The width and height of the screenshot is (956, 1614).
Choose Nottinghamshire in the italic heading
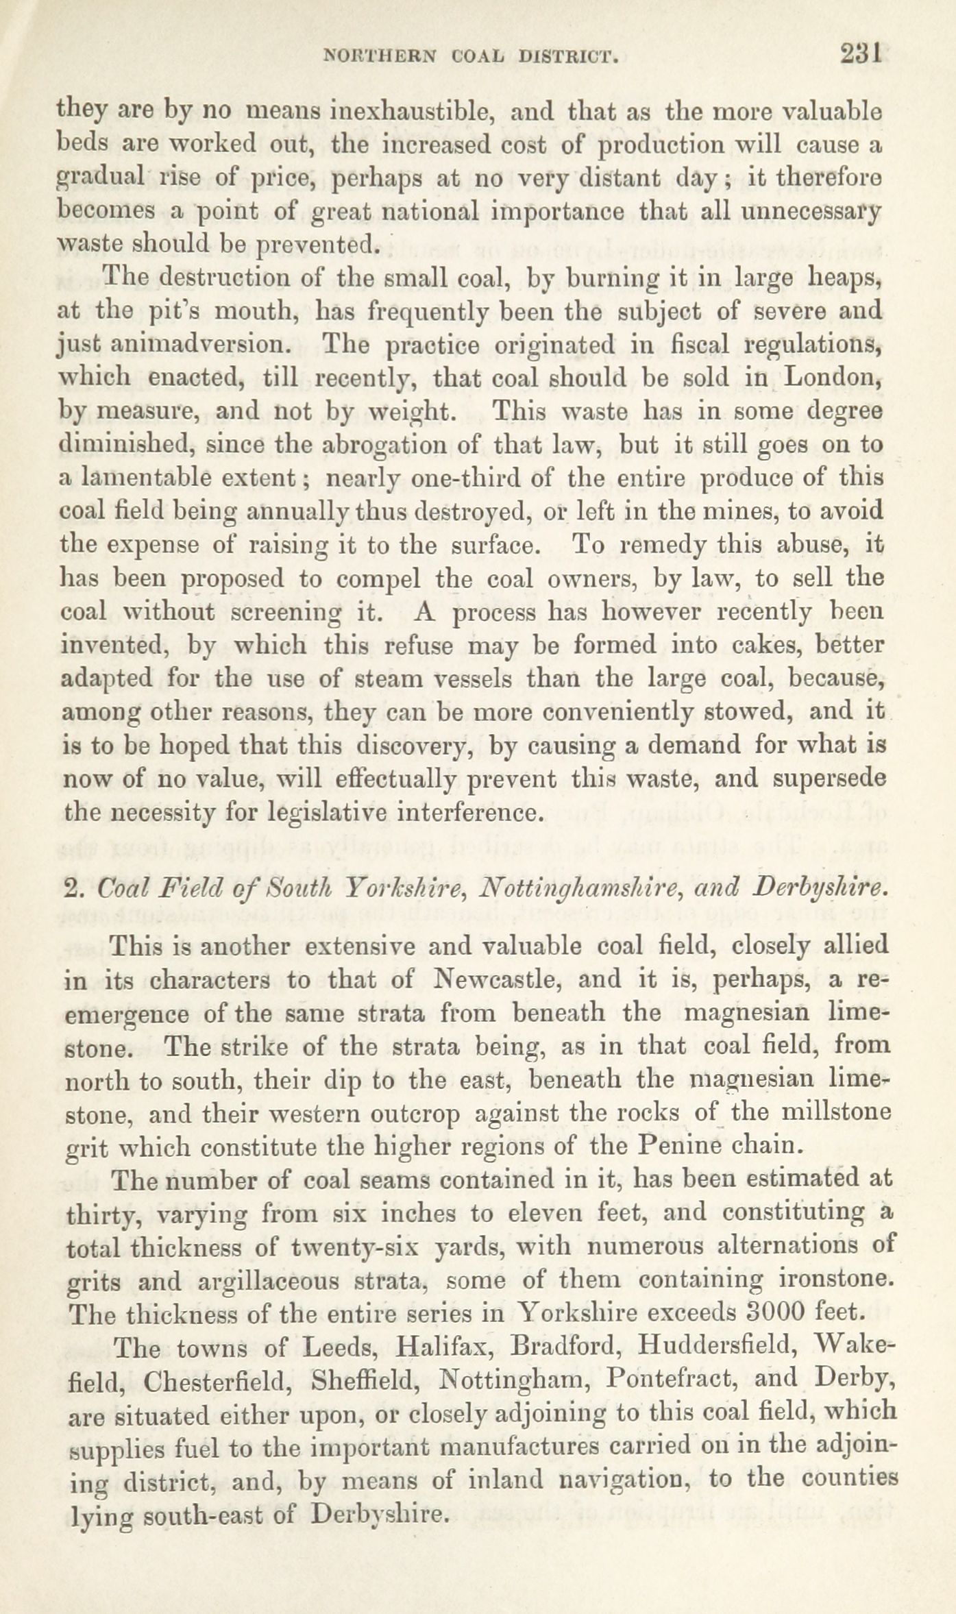click(569, 889)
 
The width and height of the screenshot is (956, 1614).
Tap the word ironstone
click(835, 1280)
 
